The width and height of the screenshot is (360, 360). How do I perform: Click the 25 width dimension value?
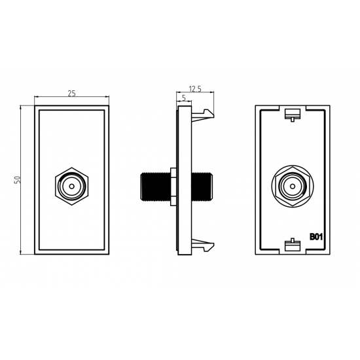tap(71, 93)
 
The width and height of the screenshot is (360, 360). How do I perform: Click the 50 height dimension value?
tap(18, 180)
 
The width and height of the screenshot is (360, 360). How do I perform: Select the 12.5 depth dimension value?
tap(195, 89)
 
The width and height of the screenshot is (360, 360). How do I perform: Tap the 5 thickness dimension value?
tap(184, 98)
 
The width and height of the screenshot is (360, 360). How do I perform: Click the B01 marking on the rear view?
tap(316, 237)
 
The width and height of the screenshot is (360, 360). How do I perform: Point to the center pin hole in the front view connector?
tap(72, 186)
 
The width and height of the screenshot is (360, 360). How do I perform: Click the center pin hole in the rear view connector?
tap(293, 186)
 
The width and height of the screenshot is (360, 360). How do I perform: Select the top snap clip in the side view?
tap(203, 114)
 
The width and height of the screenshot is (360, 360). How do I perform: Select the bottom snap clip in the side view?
tap(203, 245)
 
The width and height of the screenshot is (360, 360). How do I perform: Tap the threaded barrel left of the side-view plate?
tap(155, 187)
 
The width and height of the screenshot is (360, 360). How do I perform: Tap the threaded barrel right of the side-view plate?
tap(202, 187)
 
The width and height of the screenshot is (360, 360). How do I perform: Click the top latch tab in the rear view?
tap(293, 115)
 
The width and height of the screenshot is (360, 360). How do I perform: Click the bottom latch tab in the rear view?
tap(293, 245)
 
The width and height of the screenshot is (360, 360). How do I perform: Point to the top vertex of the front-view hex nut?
tap(72, 168)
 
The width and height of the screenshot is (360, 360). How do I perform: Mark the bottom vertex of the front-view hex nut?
tap(72, 205)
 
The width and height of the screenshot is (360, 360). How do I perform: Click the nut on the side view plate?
tap(173, 187)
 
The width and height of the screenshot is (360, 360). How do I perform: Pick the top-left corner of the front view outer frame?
tap(35, 105)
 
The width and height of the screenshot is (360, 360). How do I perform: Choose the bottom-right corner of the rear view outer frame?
tap(330, 255)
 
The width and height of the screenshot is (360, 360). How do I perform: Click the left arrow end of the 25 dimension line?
tap(35, 97)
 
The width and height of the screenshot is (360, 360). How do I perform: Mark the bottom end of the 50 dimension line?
tap(21, 254)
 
